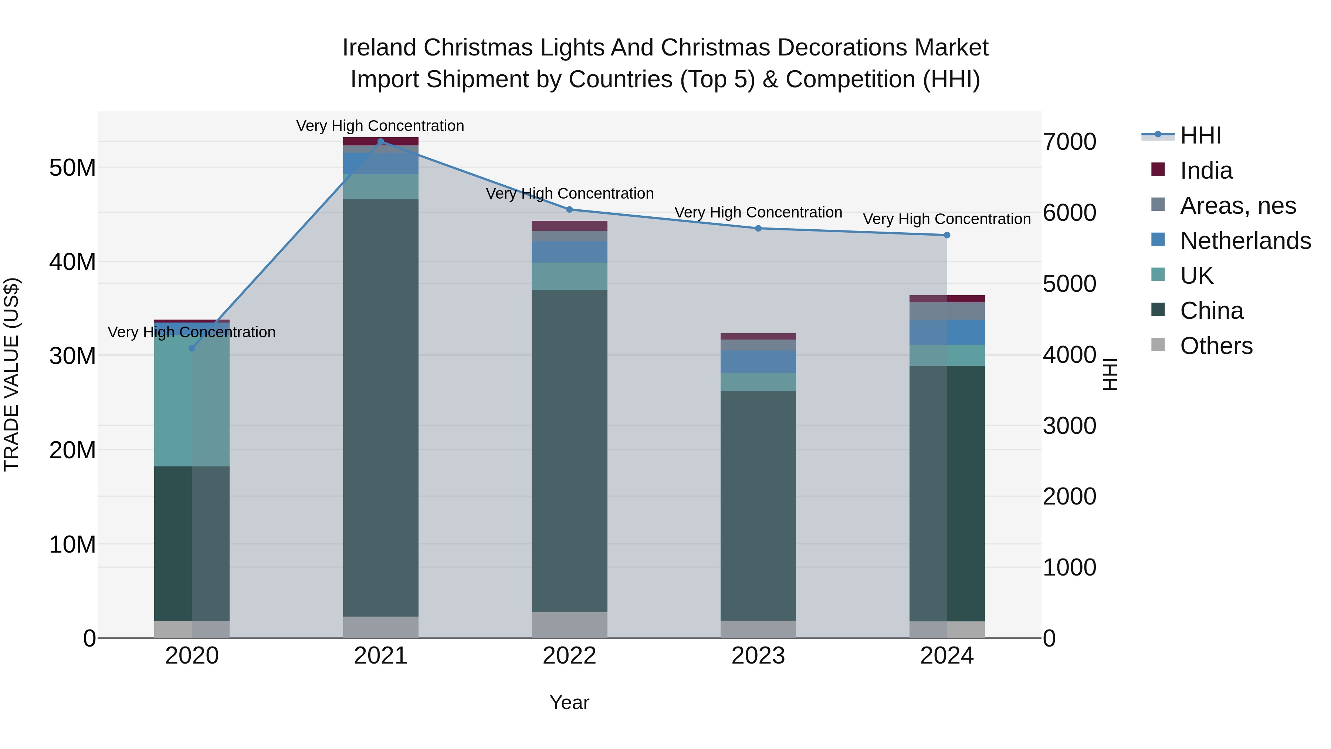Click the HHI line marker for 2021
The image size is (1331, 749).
coord(381,142)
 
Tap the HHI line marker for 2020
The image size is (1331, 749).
coord(192,348)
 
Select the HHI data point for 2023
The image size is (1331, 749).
coord(758,229)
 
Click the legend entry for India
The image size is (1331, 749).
coord(1206,171)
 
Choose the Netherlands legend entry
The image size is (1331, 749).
coord(1245,241)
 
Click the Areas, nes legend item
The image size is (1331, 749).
coord(1237,206)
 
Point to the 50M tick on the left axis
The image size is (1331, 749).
coord(72,168)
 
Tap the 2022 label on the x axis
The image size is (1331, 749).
coord(569,656)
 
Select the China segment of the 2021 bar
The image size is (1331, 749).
coord(381,408)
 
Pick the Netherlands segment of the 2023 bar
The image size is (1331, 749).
coord(758,362)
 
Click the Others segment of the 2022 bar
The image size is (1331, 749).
coord(569,625)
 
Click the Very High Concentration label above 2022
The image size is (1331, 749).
coord(569,194)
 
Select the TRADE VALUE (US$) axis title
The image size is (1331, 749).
coord(11,375)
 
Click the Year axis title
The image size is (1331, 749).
coord(569,703)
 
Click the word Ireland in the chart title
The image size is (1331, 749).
coord(379,48)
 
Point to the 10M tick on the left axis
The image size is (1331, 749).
coord(72,544)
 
